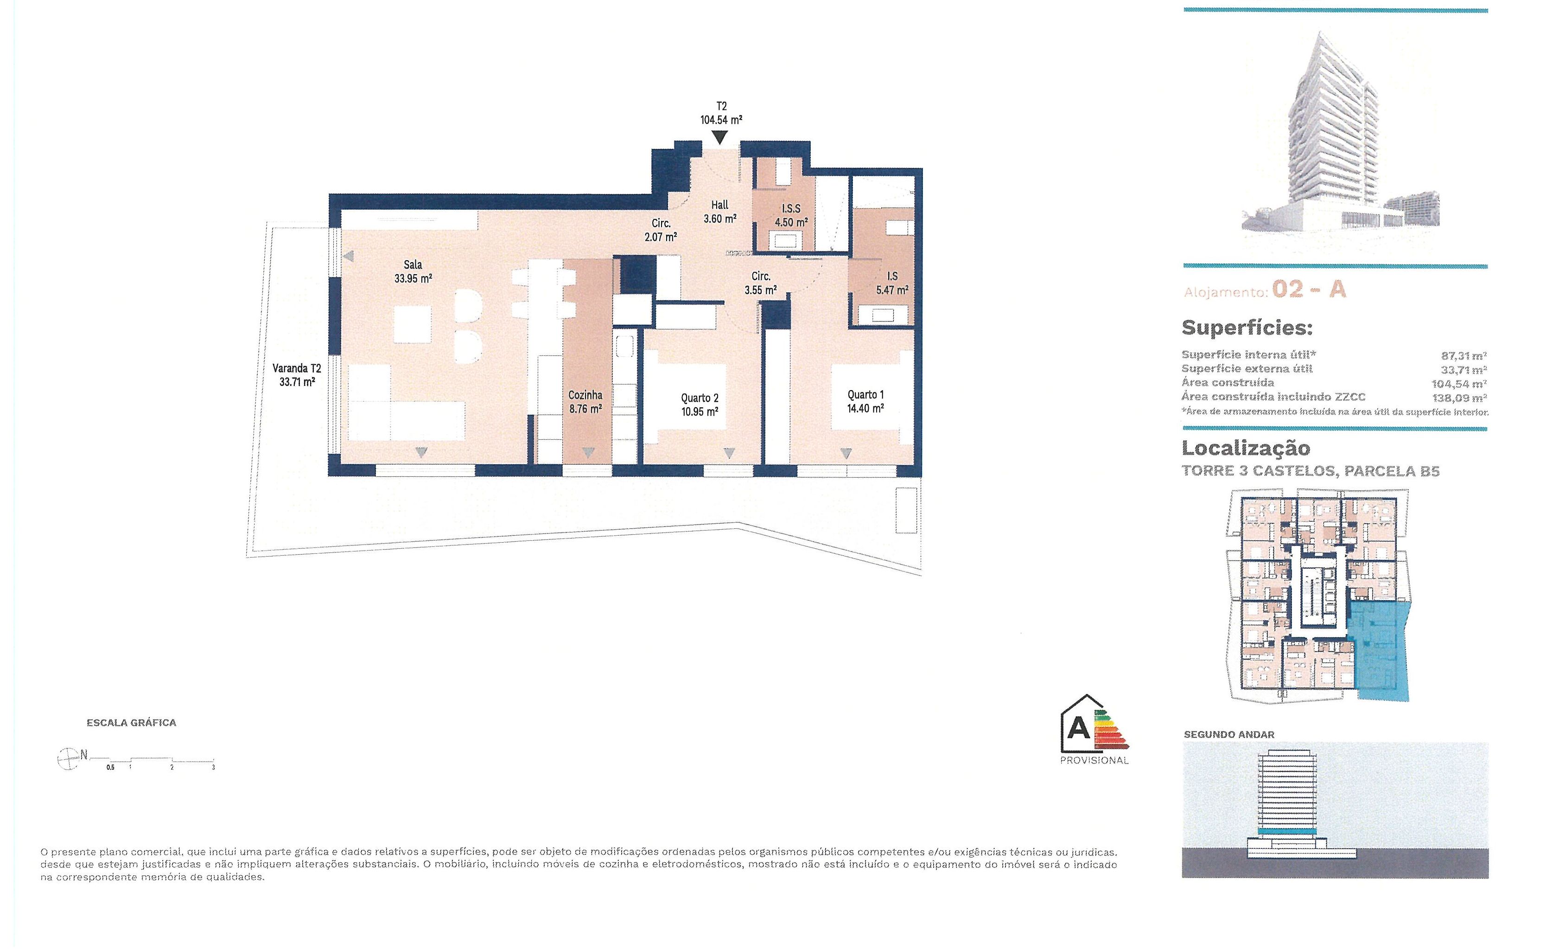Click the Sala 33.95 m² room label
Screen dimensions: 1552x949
tap(413, 272)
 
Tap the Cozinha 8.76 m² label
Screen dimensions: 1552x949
tap(585, 401)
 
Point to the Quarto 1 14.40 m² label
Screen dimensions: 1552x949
tap(865, 401)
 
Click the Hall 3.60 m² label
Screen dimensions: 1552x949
tap(720, 212)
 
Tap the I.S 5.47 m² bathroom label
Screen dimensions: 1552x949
tap(892, 283)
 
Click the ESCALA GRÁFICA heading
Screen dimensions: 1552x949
tap(132, 723)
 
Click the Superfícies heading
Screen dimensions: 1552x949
tap(1247, 327)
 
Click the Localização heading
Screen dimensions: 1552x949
tap(1246, 448)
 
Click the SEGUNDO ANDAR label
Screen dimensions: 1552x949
tap(1229, 735)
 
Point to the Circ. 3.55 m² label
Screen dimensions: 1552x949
tap(760, 283)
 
